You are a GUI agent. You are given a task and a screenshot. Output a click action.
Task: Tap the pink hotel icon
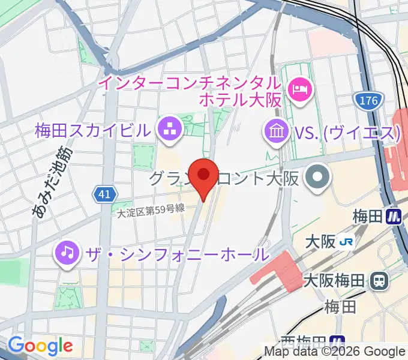pyautogui.click(x=299, y=91)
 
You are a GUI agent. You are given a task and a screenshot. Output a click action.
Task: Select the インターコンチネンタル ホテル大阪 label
pyautogui.click(x=190, y=91)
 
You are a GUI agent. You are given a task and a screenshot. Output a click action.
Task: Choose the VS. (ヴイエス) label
pyautogui.click(x=346, y=132)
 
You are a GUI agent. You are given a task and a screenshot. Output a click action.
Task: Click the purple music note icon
pyautogui.click(x=67, y=253)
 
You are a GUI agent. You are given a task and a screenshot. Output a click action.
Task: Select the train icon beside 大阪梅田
pyautogui.click(x=379, y=280)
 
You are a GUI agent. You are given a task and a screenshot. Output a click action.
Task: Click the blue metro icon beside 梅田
pyautogui.click(x=394, y=216)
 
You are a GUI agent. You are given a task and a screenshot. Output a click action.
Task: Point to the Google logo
pyautogui.click(x=40, y=346)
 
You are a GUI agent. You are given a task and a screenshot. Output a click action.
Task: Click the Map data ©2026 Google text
pyautogui.click(x=335, y=352)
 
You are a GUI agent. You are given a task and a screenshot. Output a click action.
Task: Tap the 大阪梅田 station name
pyautogui.click(x=334, y=280)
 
